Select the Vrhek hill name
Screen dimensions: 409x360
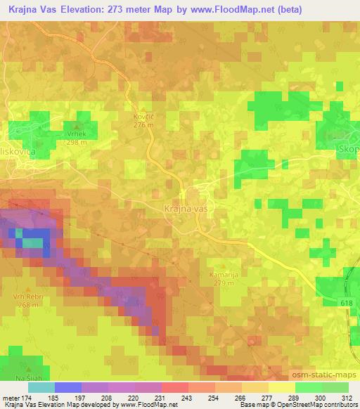point(76,134)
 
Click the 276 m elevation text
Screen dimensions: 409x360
point(144,125)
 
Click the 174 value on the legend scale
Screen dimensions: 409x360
point(28,397)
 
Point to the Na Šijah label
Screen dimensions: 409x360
point(20,379)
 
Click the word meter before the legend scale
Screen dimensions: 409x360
point(11,397)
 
